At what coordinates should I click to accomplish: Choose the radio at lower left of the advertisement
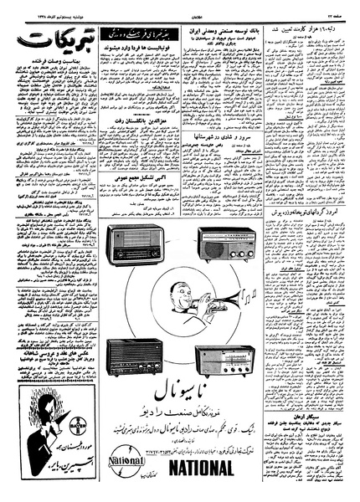133,356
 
